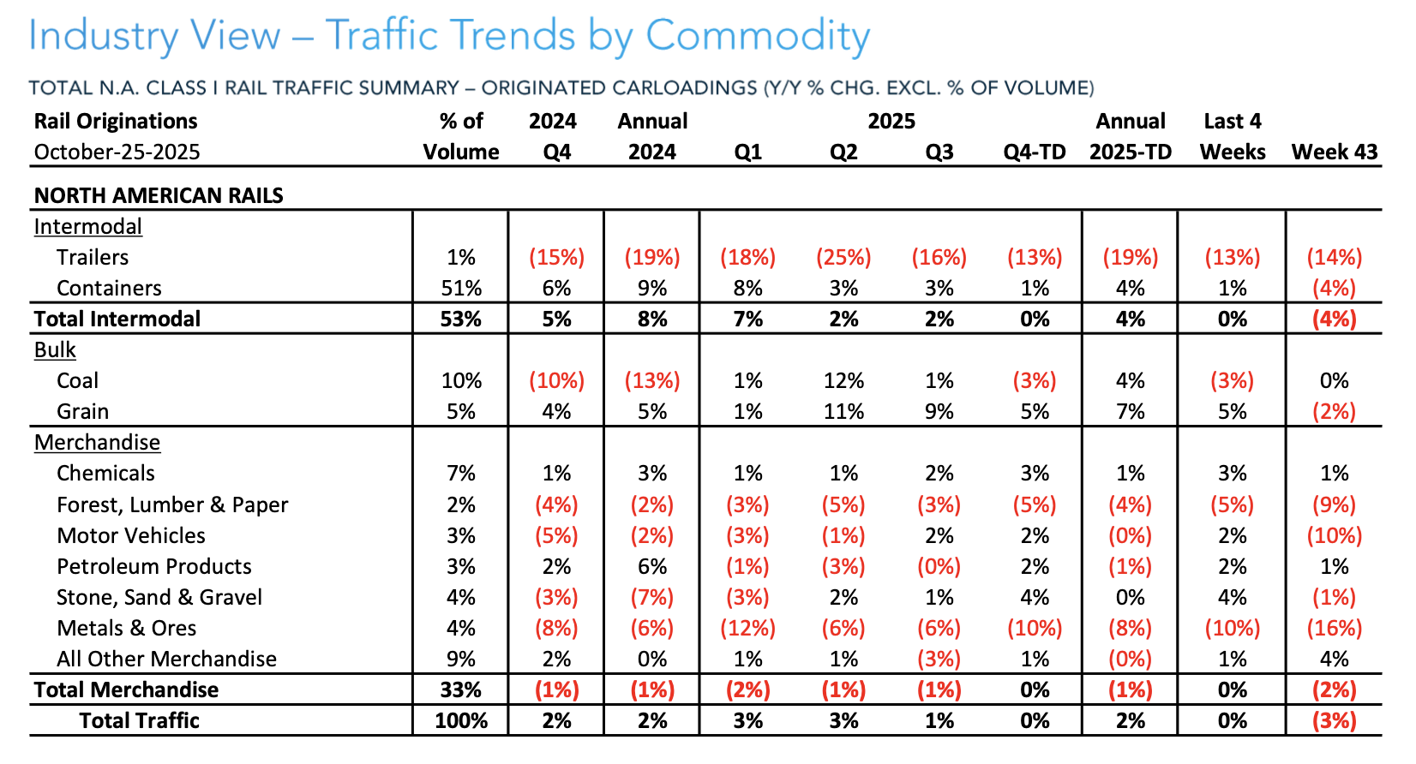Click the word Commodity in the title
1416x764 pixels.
758,37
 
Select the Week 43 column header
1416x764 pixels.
1334,152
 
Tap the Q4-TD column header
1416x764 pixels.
1035,152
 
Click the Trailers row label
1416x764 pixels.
93,258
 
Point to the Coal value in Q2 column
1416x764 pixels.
843,381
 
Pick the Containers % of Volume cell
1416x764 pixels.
461,289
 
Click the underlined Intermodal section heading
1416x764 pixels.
87,227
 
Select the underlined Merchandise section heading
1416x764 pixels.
97,443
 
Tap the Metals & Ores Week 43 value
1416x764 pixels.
1334,629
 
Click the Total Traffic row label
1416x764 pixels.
139,721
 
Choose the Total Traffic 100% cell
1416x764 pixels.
461,721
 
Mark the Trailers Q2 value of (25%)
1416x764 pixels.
843,258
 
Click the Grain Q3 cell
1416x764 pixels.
939,412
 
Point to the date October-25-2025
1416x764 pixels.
117,152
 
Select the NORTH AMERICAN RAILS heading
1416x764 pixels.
159,196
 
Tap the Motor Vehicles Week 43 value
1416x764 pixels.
1334,536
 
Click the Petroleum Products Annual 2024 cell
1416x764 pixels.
652,567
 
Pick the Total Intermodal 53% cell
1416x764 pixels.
461,319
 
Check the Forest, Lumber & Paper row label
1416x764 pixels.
172,505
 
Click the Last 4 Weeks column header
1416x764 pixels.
1232,137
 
